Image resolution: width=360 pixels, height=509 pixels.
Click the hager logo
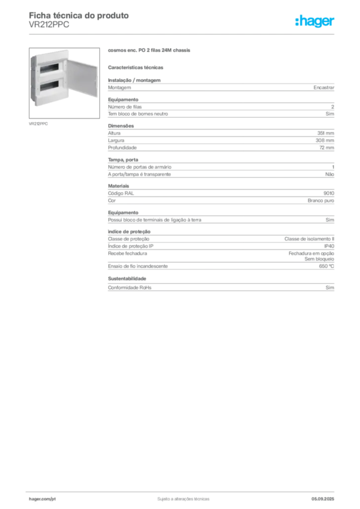click(x=315, y=21)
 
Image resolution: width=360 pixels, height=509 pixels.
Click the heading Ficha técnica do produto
click(x=79, y=15)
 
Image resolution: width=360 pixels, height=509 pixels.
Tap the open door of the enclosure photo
click(x=82, y=78)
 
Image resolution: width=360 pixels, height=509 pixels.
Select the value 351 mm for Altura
click(x=326, y=133)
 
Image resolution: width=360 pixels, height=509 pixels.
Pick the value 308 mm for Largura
click(x=325, y=141)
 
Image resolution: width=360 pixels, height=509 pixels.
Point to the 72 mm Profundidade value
click(x=327, y=148)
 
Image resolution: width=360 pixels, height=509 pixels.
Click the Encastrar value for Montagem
click(x=324, y=87)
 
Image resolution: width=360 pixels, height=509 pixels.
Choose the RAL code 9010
click(x=329, y=193)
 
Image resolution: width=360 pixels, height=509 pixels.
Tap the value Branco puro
click(x=321, y=201)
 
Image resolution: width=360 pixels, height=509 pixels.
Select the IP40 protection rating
click(x=329, y=246)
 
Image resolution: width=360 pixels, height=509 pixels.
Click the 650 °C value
click(x=326, y=266)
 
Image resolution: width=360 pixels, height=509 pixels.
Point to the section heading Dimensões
click(x=121, y=126)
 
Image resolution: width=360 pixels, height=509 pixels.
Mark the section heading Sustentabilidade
click(x=127, y=278)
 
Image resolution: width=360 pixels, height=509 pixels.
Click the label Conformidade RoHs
click(x=129, y=288)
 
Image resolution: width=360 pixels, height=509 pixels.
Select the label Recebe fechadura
click(x=127, y=254)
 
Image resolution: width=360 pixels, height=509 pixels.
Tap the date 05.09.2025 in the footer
click(x=323, y=499)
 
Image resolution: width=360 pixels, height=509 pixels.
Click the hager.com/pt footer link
click(x=42, y=499)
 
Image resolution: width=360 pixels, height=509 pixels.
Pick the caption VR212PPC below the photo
click(x=38, y=124)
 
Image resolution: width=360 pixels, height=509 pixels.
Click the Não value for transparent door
click(x=330, y=174)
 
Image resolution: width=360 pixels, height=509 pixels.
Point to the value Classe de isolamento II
click(x=309, y=239)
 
